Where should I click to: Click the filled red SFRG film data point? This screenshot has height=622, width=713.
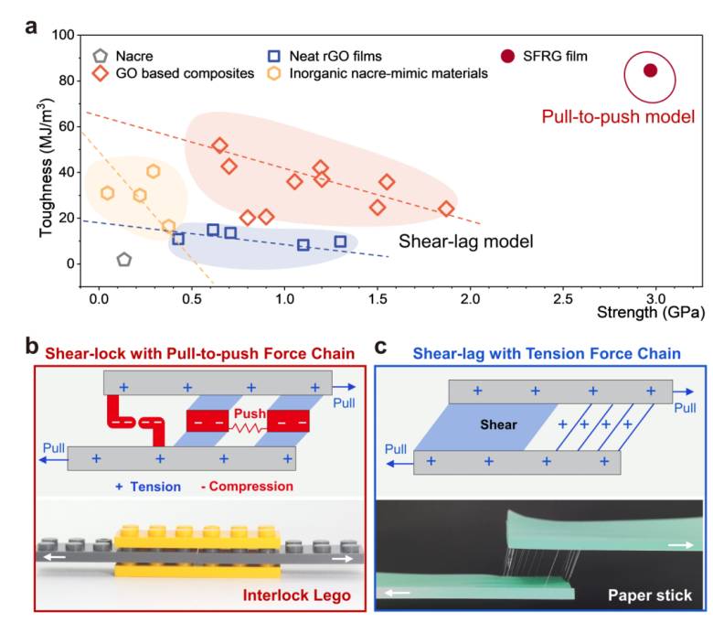point(650,70)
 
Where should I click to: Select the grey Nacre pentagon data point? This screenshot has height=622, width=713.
point(124,260)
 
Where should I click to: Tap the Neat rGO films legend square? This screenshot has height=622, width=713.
point(273,56)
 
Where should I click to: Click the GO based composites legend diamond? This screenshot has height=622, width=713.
point(100,73)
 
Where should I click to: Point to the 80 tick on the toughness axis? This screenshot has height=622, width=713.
point(67,80)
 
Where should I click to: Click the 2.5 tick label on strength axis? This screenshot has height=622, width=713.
point(563,299)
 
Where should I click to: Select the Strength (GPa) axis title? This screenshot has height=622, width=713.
point(651,313)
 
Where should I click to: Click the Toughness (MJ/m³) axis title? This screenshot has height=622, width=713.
point(47,167)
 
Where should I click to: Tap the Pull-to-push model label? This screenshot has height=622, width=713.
point(618,117)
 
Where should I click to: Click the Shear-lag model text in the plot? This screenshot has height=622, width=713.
point(465,241)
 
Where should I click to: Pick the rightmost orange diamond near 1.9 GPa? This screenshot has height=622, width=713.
point(446,209)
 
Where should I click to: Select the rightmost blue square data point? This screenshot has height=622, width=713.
point(340,241)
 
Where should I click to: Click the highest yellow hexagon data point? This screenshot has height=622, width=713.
point(154,172)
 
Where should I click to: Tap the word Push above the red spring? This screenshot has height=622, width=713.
point(250,413)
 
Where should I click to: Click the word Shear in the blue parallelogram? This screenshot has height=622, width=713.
point(499,425)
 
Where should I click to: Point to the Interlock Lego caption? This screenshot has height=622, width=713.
point(296,595)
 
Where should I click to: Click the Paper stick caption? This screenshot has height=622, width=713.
point(650,595)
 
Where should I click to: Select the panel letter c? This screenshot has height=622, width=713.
point(380,347)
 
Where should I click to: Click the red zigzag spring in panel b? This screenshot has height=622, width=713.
point(250,428)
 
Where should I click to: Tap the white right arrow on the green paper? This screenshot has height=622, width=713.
point(681,544)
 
